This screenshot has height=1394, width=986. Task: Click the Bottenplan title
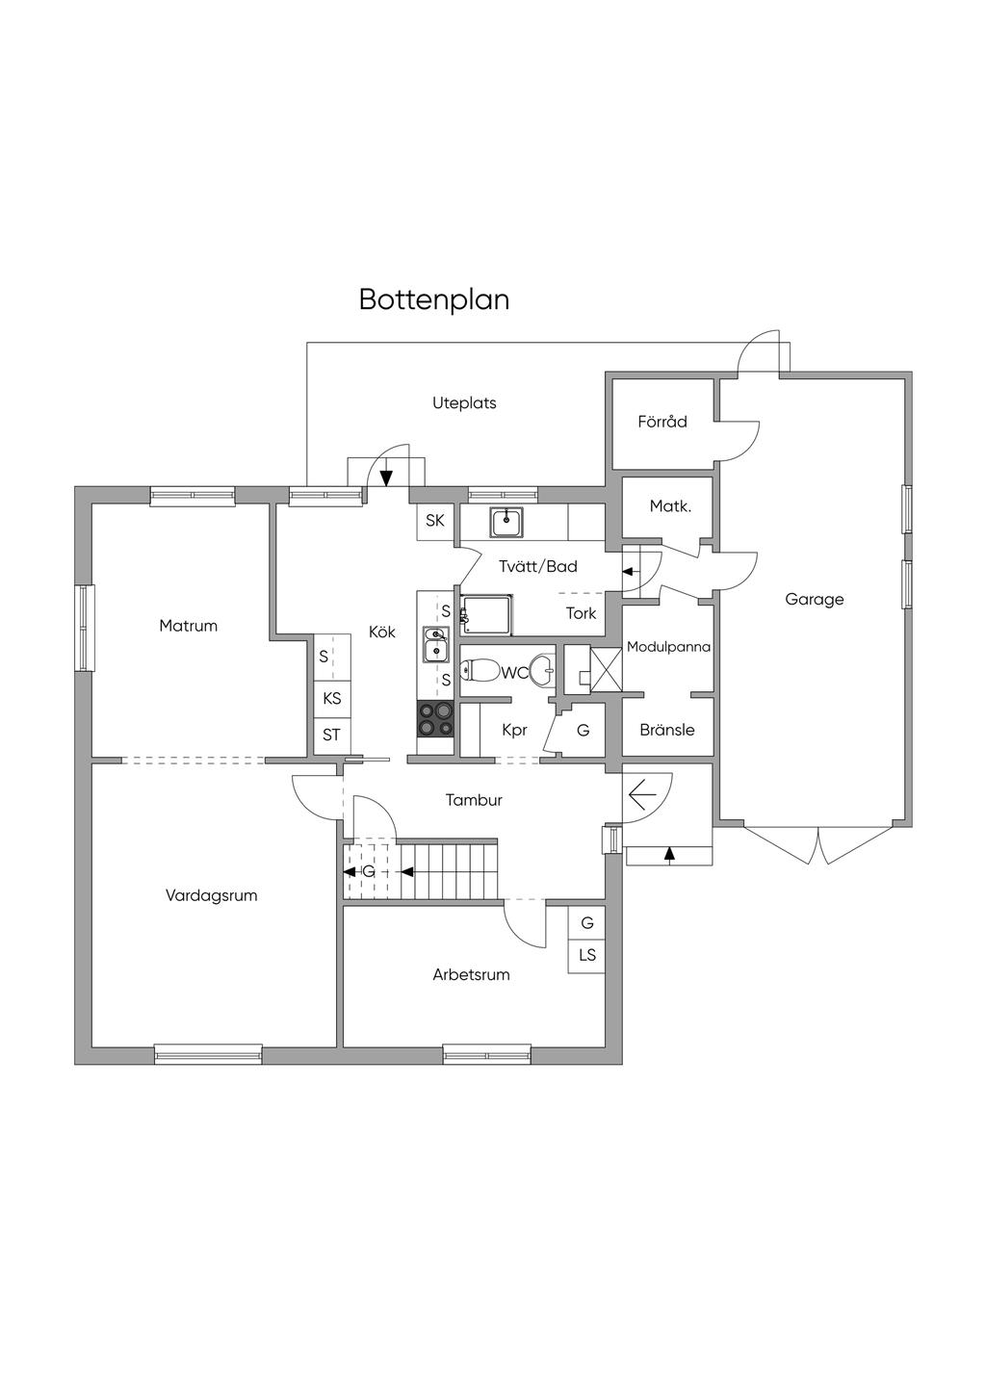point(434,299)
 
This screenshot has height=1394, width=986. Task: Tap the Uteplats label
point(464,402)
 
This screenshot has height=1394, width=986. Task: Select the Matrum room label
point(189,626)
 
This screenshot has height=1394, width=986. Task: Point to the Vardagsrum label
point(212,895)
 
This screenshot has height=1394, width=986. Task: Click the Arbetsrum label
point(471,974)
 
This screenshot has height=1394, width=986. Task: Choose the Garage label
point(815,599)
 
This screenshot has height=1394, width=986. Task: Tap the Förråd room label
point(662,422)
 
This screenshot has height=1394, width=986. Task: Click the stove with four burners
point(435,718)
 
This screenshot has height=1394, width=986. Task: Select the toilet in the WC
point(480,671)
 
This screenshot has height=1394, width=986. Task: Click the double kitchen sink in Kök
point(436,644)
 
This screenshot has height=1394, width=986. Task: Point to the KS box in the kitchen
point(332,698)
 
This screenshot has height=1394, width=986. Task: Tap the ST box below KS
point(332,735)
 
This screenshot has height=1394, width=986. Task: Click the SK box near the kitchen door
point(435,521)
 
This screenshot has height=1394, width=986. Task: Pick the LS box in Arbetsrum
point(587,955)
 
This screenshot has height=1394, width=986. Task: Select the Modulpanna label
point(668,647)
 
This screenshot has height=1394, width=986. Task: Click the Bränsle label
point(667,730)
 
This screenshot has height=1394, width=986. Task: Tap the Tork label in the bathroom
point(581,613)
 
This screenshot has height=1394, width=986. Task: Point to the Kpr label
point(515,730)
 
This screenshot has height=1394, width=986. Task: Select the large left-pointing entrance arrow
point(642,795)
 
